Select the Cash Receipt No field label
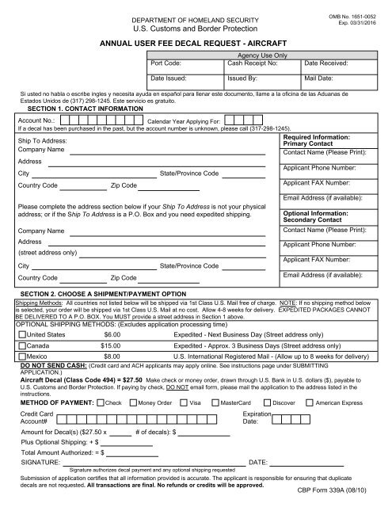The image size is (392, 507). click(252, 61)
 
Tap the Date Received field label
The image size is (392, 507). click(330, 61)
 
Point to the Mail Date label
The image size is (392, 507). click(322, 79)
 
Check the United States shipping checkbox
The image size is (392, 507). click(22, 336)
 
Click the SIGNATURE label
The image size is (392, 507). click(40, 462)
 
